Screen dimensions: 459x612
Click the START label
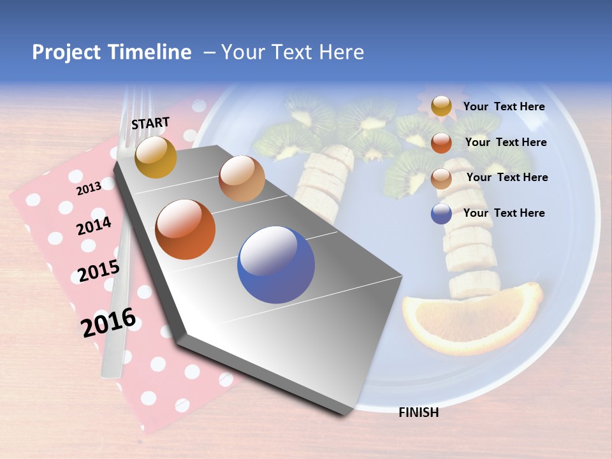[150, 123]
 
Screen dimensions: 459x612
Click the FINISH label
[418, 412]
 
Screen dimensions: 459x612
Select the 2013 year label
[89, 189]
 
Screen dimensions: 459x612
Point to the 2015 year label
[98, 271]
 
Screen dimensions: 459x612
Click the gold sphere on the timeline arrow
[156, 157]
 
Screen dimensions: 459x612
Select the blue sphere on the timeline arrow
[275, 265]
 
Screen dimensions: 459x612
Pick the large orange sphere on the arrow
[186, 229]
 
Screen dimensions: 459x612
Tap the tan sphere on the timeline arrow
[242, 178]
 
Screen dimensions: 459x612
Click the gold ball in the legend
[441, 106]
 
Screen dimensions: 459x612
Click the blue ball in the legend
[441, 214]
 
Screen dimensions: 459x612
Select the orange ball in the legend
[441, 143]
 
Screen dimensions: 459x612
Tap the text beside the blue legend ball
[504, 213]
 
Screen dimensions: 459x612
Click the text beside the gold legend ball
[504, 106]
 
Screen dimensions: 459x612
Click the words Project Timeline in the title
[112, 52]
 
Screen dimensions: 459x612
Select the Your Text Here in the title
[292, 52]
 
